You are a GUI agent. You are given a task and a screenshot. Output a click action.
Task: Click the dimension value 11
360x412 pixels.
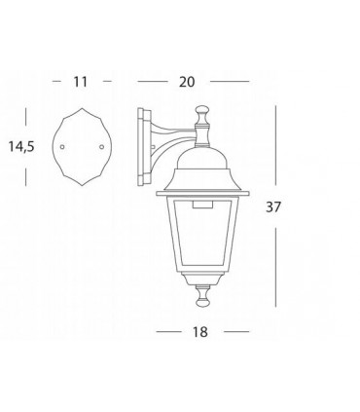tap(80, 82)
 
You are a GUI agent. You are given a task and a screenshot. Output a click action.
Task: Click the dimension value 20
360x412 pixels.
tap(187, 82)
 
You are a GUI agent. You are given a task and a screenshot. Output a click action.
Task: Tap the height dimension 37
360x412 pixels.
tap(272, 206)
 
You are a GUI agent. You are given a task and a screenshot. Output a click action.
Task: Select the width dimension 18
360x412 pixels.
tap(200, 332)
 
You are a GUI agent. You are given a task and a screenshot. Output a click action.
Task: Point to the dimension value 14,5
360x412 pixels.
tap(21, 147)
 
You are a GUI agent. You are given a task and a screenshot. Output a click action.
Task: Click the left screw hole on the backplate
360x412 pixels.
tap(62, 147)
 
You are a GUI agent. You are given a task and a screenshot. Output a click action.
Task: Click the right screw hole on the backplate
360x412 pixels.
tap(102, 147)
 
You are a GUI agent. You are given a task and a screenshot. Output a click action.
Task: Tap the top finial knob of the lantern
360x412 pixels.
tap(200, 112)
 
